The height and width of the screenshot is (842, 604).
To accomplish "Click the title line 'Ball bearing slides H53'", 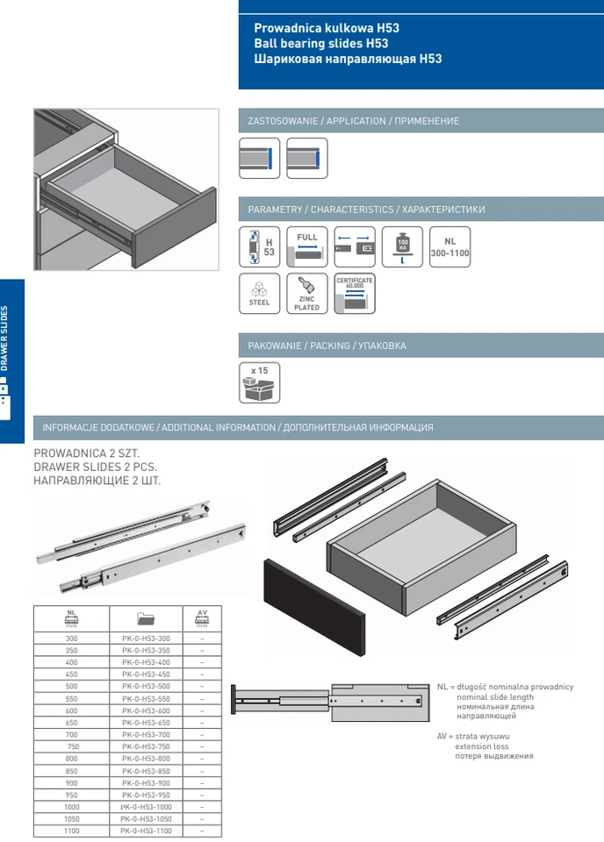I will tap(321, 44).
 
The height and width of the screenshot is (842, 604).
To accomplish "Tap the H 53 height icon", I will tap(260, 246).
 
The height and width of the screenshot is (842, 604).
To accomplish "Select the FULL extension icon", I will tap(307, 246).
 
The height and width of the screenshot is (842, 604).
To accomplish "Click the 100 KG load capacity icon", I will tap(402, 246).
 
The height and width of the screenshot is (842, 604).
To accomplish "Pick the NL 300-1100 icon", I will tap(449, 246).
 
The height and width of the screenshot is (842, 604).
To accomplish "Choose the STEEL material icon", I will tap(260, 295).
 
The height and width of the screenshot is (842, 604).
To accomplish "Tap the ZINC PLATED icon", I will tap(307, 295).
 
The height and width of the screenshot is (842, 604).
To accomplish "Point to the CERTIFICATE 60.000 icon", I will tap(355, 295).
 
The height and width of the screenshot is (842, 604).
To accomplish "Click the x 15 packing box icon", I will tap(260, 383).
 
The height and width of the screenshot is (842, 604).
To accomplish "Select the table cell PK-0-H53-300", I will tap(146, 638).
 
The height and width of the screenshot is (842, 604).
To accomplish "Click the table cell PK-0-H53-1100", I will tap(146, 830).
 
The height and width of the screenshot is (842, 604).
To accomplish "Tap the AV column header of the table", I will tap(202, 617).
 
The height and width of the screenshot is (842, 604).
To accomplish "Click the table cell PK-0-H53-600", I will tap(146, 710).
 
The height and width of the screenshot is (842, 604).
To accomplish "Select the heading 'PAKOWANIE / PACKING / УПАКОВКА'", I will tap(327, 346).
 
